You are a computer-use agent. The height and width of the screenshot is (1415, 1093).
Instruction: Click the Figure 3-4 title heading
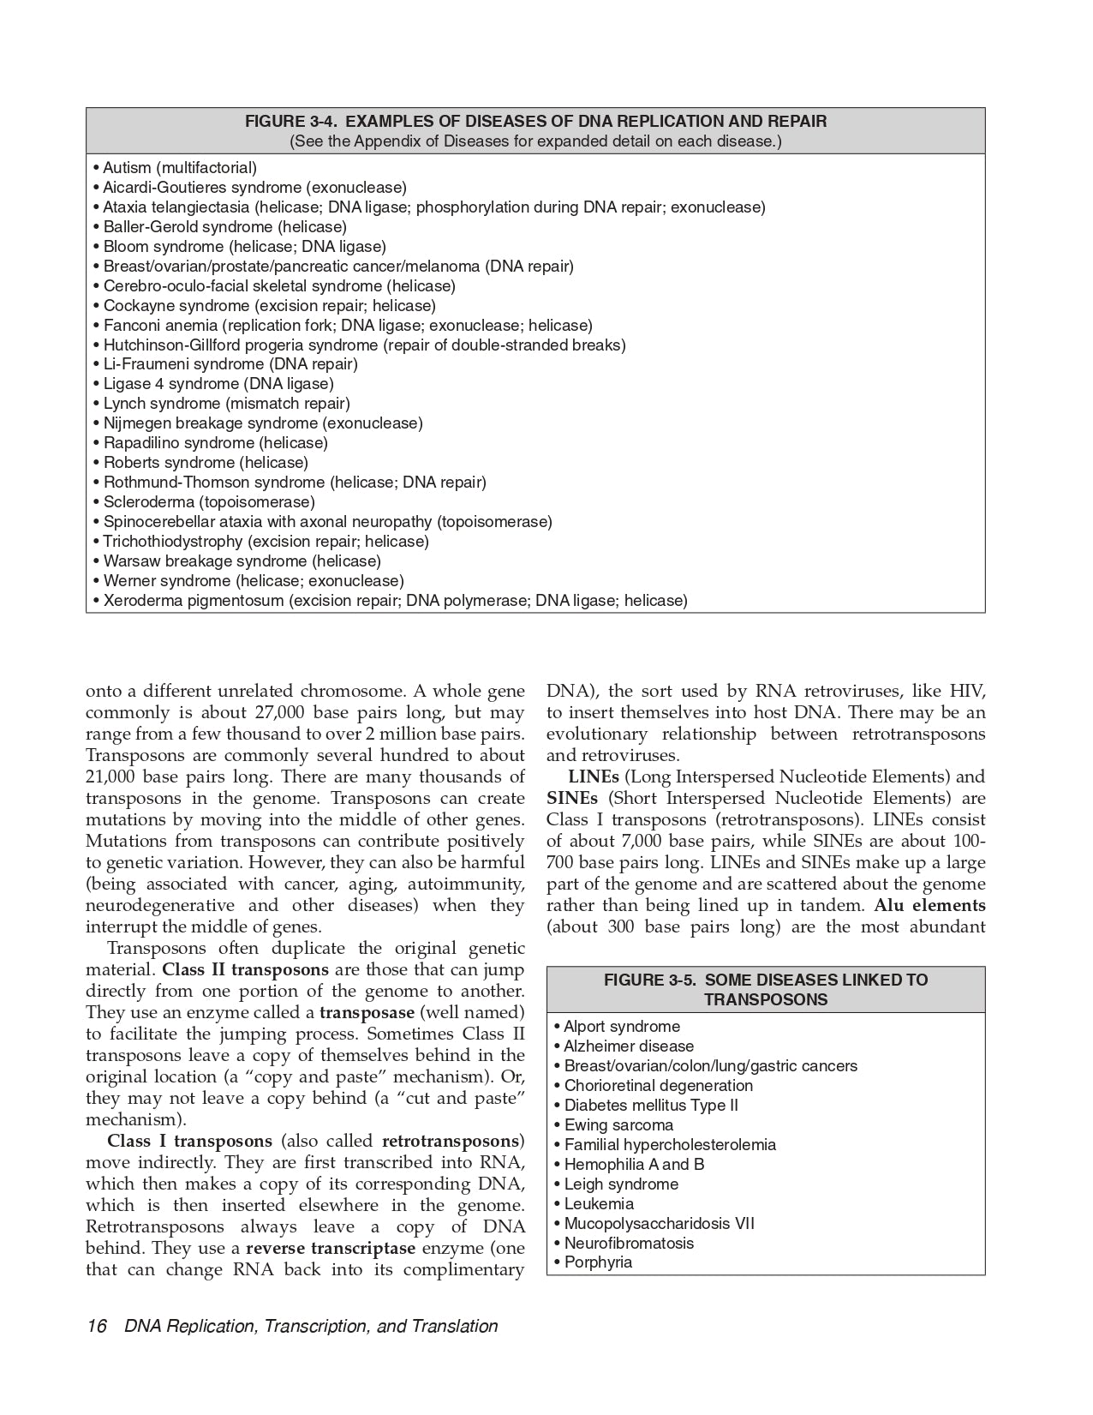click(535, 122)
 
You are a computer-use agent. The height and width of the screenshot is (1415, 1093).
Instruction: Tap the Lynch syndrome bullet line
click(226, 404)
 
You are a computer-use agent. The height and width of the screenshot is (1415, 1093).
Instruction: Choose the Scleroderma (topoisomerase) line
click(209, 502)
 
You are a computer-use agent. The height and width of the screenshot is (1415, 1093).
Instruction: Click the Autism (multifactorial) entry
click(179, 168)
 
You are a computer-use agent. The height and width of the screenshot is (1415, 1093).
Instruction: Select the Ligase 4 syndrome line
click(218, 384)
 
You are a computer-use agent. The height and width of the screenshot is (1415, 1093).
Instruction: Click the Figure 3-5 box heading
click(766, 990)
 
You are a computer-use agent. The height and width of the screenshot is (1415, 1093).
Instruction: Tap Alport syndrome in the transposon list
click(622, 1027)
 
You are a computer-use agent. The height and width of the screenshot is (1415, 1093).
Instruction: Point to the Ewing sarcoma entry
click(618, 1125)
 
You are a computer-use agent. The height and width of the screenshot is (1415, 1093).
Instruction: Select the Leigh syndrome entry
click(621, 1184)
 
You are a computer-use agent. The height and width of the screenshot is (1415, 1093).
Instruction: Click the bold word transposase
click(367, 1013)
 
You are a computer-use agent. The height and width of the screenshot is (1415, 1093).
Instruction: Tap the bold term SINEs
click(572, 799)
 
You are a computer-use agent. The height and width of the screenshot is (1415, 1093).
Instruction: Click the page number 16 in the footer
click(96, 1327)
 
